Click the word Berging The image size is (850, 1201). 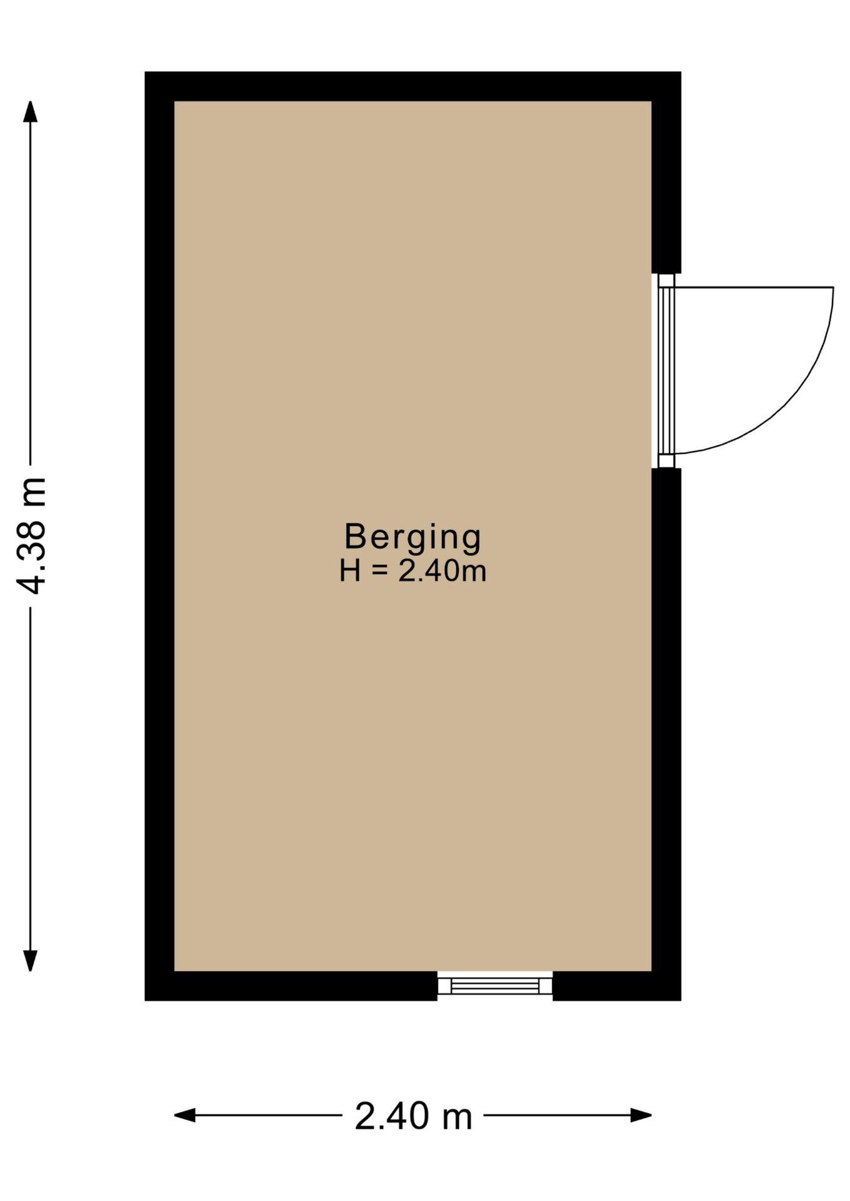coord(413,538)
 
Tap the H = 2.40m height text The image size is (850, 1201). coord(413,571)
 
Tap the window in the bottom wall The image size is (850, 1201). coord(494,986)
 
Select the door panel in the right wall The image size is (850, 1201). coord(667,370)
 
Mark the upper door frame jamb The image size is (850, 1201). coord(667,280)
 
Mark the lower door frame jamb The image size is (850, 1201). coord(667,461)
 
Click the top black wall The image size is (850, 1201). coord(413,86)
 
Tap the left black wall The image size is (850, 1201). coord(160,536)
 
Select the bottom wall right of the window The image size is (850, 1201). coord(617,986)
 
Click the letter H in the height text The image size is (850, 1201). coord(349,571)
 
